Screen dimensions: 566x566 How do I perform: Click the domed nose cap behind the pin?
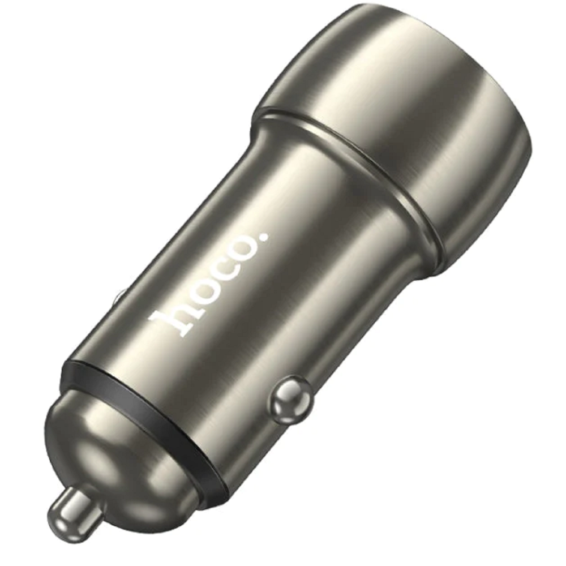[x=113, y=453]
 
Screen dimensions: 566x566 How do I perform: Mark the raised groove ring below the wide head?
[x=351, y=170]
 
